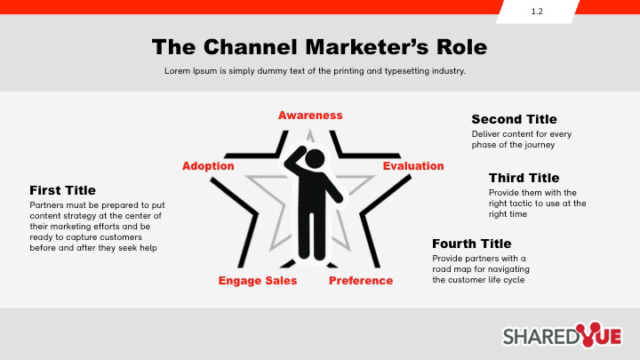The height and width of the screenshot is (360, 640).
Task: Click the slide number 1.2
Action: click(x=537, y=12)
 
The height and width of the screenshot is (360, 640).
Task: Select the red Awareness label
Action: click(x=310, y=116)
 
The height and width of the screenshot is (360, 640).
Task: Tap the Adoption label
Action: click(x=208, y=166)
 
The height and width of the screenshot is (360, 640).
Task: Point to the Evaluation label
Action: click(x=413, y=166)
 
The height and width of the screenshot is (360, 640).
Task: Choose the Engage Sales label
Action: click(x=258, y=281)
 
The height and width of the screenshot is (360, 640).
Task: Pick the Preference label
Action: click(x=361, y=281)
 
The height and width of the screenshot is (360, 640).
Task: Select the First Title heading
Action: click(x=62, y=190)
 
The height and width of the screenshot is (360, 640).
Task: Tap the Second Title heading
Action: click(x=514, y=119)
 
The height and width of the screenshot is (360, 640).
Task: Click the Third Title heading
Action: click(x=524, y=178)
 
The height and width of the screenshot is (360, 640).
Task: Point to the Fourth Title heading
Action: click(x=472, y=244)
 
